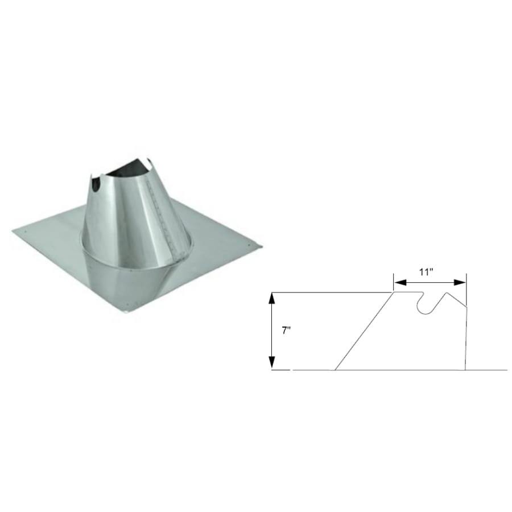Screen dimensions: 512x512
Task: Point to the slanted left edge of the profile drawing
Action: pos(364,332)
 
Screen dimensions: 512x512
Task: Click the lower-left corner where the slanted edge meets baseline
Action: pos(335,370)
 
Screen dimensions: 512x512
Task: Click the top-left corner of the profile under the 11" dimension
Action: pos(394,292)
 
